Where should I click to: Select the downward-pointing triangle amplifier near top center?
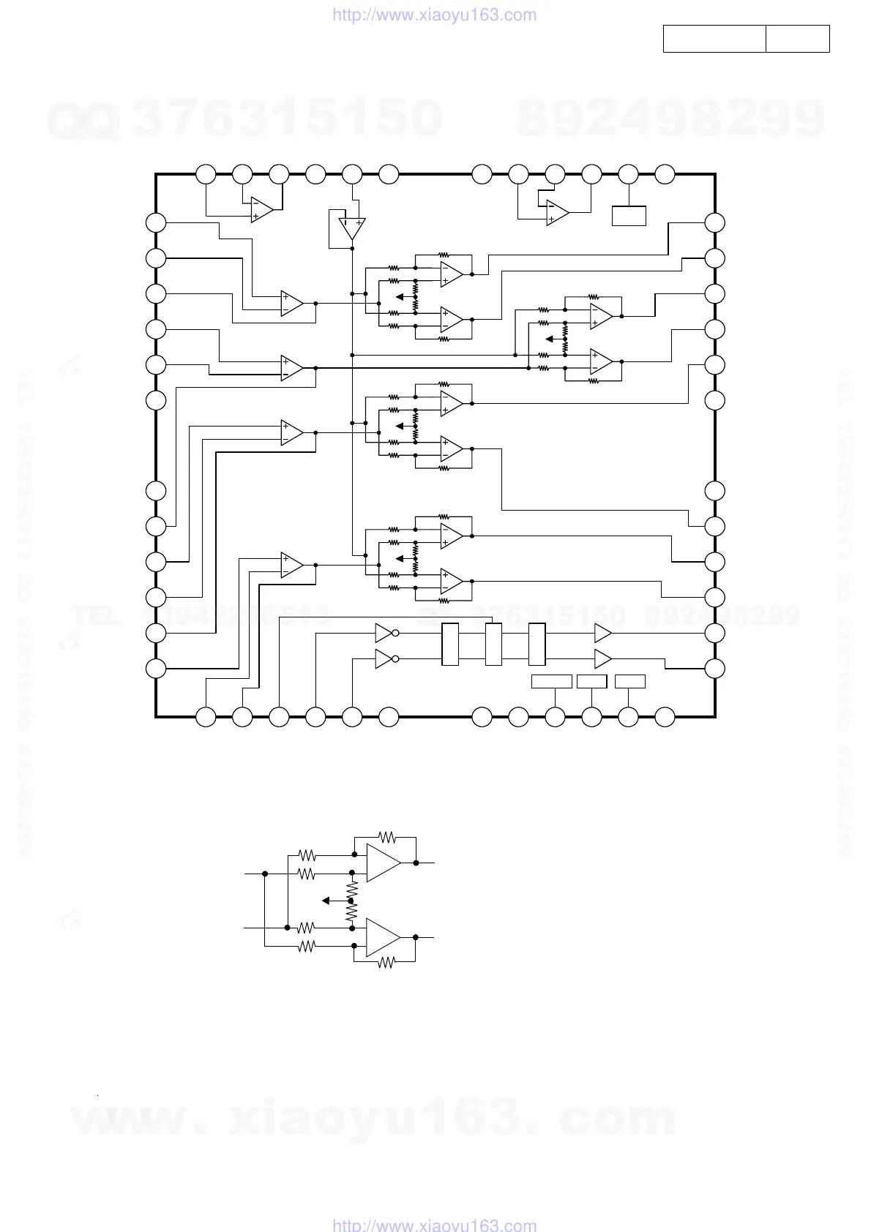pos(352,228)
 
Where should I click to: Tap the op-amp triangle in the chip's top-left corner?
pos(261,209)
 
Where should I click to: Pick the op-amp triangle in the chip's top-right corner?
pos(557,212)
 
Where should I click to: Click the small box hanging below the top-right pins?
pos(629,216)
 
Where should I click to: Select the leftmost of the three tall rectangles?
pos(450,644)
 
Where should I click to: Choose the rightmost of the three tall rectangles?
pos(537,644)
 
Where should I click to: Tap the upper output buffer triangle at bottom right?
pos(602,633)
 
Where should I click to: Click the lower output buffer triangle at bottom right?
pos(602,659)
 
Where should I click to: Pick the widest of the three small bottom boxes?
pos(551,682)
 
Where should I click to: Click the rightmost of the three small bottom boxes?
pos(629,682)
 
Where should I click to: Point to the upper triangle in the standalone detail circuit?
pos(383,863)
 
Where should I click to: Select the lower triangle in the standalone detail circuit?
pos(383,937)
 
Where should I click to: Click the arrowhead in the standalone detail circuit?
pos(326,901)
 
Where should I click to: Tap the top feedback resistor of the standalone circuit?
pos(386,836)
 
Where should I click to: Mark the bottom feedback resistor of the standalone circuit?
pos(386,964)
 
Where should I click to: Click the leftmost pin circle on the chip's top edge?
pos(206,174)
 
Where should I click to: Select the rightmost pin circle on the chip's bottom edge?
pos(665,717)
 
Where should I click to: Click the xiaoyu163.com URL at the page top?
pos(435,15)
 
